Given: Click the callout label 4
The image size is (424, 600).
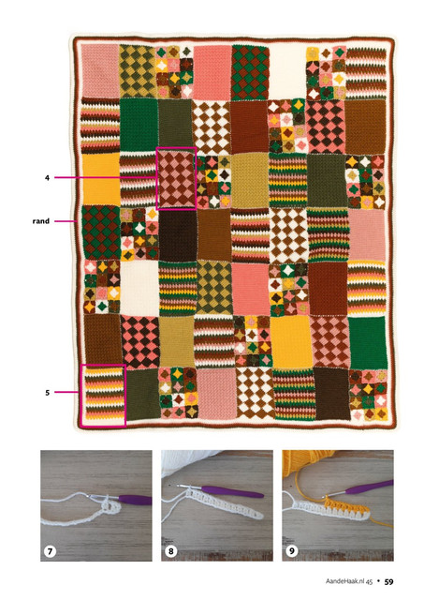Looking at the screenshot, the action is tap(47, 178).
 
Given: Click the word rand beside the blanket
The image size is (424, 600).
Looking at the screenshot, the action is tap(41, 221).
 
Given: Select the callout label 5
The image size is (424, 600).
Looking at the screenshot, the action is tap(48, 393).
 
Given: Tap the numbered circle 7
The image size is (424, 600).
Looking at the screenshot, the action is tap(50, 551).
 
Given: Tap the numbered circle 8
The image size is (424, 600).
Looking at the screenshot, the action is tap(170, 551).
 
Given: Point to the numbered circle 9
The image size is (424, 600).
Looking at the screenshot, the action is tap(292, 551).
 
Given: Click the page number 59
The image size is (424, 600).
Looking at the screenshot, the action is tap(388, 582).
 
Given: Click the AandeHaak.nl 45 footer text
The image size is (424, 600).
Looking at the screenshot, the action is tap(349, 581).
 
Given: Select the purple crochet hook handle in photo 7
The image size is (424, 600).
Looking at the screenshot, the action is tap(135, 500).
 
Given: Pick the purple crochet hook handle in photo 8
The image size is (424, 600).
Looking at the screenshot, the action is tap(232, 491).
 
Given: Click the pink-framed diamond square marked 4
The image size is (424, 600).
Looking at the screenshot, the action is tap(176, 178).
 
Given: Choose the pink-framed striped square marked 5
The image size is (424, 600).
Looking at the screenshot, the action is tap(103, 396).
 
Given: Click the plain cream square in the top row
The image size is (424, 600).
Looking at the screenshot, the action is tap(287, 72).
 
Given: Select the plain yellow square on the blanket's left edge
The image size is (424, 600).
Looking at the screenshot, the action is tap(100, 179).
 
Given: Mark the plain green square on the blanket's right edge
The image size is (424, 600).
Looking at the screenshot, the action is tap(368, 343).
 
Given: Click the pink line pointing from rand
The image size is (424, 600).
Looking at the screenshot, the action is tap(65, 221).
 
